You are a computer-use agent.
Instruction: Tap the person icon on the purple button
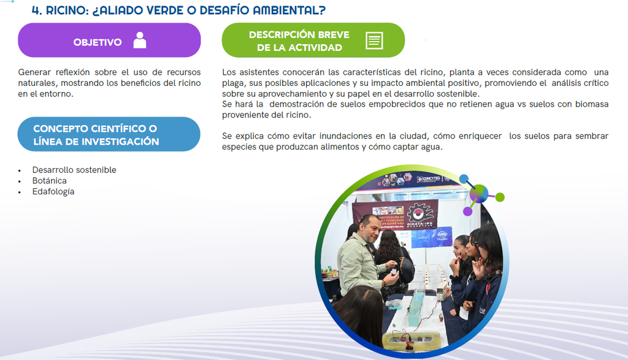140,40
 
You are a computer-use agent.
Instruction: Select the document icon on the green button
374,40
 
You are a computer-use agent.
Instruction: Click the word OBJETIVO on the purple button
98,42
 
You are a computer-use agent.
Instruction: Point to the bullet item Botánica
49,180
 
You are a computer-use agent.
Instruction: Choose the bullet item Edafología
53,191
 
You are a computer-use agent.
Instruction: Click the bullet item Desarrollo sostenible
74,170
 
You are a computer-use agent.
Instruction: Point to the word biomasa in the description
592,104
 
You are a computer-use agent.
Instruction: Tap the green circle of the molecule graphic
500,197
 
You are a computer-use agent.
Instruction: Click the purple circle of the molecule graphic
467,212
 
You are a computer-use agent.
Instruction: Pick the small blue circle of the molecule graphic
464,178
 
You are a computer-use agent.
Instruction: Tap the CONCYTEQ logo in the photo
429,178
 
